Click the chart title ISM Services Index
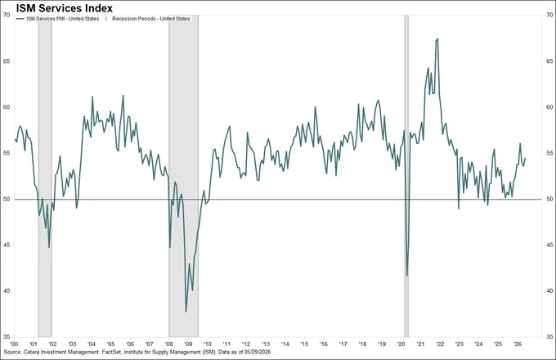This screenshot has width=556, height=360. (64, 7)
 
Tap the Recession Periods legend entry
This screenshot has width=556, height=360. (148, 19)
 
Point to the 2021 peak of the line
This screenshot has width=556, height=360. (438, 38)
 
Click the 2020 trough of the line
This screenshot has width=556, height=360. (407, 276)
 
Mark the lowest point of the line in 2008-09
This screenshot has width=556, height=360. (186, 312)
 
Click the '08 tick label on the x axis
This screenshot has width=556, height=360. (168, 344)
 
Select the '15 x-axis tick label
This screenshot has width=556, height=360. (304, 344)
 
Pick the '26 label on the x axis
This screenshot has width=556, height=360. (517, 344)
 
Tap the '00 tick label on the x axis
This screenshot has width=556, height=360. (14, 344)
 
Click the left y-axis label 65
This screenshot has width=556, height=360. (7, 61)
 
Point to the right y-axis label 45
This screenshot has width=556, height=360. (549, 245)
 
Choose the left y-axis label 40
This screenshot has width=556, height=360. (7, 291)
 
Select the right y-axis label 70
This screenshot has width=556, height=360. (549, 15)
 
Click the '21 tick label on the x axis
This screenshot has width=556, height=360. (420, 344)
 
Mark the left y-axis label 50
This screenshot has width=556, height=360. (7, 200)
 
